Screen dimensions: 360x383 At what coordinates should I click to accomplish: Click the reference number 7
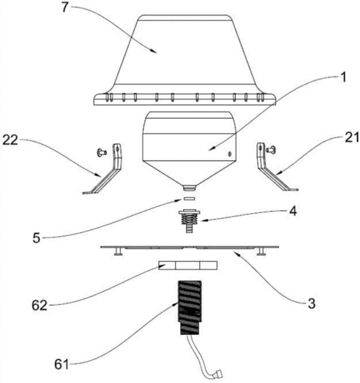point(65,8)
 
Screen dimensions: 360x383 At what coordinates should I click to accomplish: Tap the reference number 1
point(344,77)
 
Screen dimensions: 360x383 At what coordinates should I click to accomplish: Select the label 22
point(10,140)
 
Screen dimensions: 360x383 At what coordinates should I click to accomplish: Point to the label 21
point(352,138)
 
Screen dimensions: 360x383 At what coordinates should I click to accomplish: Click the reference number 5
point(37,238)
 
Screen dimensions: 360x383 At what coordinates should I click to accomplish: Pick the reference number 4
point(293,211)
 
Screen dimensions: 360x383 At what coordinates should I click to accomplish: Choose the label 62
point(40,306)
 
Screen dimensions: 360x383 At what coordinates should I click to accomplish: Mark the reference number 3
point(311,303)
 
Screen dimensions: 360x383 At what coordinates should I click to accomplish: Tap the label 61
point(62,365)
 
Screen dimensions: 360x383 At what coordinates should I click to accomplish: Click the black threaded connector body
point(189,307)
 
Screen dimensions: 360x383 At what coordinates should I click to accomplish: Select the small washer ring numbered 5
point(189,198)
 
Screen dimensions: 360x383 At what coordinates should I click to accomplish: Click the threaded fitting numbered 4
point(189,221)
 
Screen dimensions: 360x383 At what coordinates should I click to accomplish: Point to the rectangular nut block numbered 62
point(188,265)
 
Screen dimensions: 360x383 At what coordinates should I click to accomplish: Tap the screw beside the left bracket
point(102,152)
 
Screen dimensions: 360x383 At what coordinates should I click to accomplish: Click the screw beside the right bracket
point(271,149)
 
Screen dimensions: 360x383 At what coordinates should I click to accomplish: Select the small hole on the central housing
point(230,154)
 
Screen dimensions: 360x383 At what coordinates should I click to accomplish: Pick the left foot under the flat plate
point(118,251)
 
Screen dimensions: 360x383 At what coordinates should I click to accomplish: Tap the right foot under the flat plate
point(260,251)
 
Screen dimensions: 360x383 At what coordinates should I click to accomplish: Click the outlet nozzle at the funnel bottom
point(189,188)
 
